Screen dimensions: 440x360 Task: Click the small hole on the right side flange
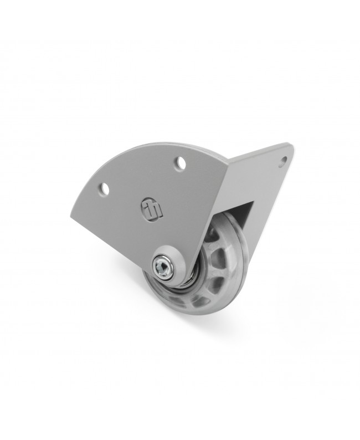[x=284, y=161]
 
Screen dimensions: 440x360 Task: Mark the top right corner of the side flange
[x=290, y=146]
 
